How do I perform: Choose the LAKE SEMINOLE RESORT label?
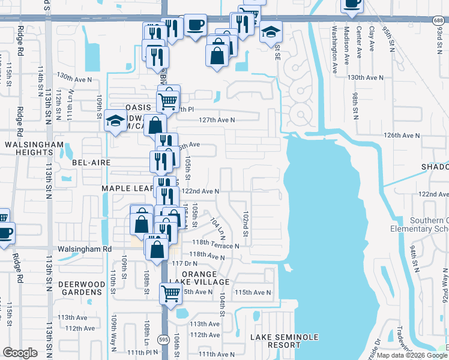(x=284, y=341)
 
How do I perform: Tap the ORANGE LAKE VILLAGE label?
(x=205, y=278)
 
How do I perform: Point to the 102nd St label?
(x=246, y=223)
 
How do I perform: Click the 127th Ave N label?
(x=217, y=120)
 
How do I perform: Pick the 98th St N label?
(x=355, y=106)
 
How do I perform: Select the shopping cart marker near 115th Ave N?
(x=170, y=293)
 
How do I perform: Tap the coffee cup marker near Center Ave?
(x=352, y=4)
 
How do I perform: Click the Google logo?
(x=20, y=353)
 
